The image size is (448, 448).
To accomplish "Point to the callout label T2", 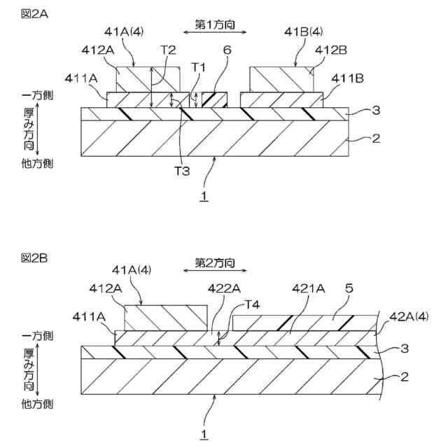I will click(168, 50).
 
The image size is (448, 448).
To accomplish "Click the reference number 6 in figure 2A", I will click(226, 50).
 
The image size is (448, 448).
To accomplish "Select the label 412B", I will click(328, 50).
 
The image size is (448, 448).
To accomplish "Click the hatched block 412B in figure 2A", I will click(280, 79).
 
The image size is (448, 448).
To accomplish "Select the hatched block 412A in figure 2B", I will click(165, 317).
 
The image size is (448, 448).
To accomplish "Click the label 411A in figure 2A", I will click(80, 78).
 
